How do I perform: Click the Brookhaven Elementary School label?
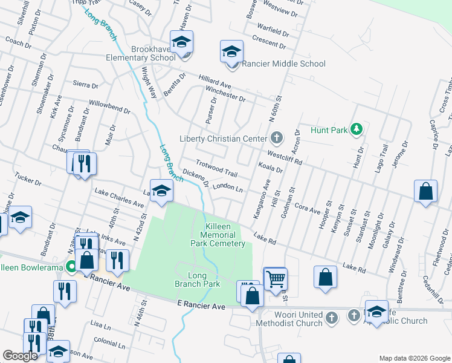[140, 53]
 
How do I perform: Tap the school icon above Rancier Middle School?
[231, 52]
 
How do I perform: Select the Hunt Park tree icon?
[357, 129]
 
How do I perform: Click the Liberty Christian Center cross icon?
[277, 138]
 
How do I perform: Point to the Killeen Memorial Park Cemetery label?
[218, 234]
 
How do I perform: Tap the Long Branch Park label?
[198, 279]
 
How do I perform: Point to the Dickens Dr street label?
[195, 177]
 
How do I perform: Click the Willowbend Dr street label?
[109, 107]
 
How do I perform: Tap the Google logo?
[20, 356]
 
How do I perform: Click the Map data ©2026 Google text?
[414, 358]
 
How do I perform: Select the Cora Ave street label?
[307, 209]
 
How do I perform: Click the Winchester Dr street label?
[225, 94]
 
